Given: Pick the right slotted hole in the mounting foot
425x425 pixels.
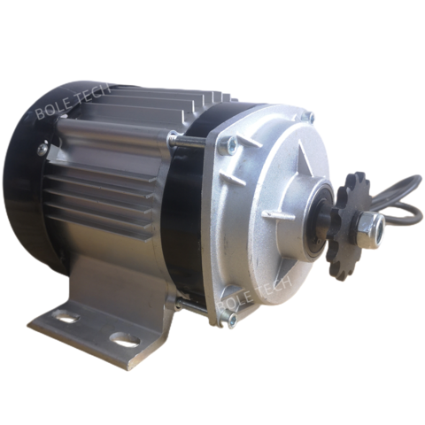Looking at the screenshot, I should (x=124, y=338).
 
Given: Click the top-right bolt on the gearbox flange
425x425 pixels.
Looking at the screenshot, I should (x=309, y=116).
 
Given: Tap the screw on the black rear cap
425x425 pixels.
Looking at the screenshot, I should (x=42, y=151).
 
